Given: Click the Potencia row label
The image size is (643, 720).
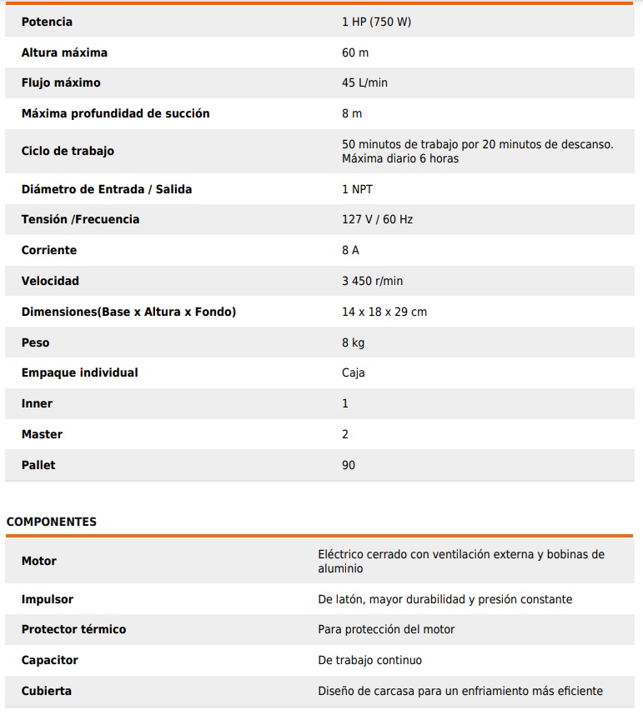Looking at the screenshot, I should pyautogui.click(x=47, y=22).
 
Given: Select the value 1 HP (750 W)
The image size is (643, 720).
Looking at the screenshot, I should pyautogui.click(x=376, y=22).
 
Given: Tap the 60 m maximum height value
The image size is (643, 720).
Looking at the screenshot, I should pyautogui.click(x=354, y=52).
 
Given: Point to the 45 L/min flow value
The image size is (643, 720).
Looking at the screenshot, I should pyautogui.click(x=364, y=82).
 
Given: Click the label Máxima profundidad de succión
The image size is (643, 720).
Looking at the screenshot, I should pyautogui.click(x=115, y=113).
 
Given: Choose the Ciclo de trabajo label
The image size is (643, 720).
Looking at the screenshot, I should pyautogui.click(x=68, y=151).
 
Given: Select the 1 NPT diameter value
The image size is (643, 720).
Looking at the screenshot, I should pyautogui.click(x=357, y=189).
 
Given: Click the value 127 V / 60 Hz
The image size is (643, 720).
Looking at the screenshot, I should pyautogui.click(x=377, y=219).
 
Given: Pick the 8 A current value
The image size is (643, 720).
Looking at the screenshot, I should pyautogui.click(x=350, y=250).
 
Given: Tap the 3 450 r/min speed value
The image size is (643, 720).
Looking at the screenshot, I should pyautogui.click(x=372, y=281).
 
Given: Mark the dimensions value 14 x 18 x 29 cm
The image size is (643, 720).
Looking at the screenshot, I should pyautogui.click(x=384, y=312).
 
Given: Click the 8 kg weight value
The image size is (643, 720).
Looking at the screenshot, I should pyautogui.click(x=353, y=342).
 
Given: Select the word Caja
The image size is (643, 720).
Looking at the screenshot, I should pyautogui.click(x=353, y=372).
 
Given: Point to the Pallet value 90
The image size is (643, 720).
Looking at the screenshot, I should pyautogui.click(x=349, y=465).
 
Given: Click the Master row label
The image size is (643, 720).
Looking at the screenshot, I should pyautogui.click(x=42, y=434).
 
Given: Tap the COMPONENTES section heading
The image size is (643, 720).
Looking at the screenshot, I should pyautogui.click(x=52, y=522).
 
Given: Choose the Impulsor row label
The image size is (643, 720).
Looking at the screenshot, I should pyautogui.click(x=48, y=599).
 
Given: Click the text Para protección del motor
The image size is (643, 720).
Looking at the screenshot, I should pyautogui.click(x=386, y=629).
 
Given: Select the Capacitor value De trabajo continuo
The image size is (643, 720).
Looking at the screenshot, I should pyautogui.click(x=369, y=660).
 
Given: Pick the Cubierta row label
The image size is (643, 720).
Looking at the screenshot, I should pyautogui.click(x=47, y=691).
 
